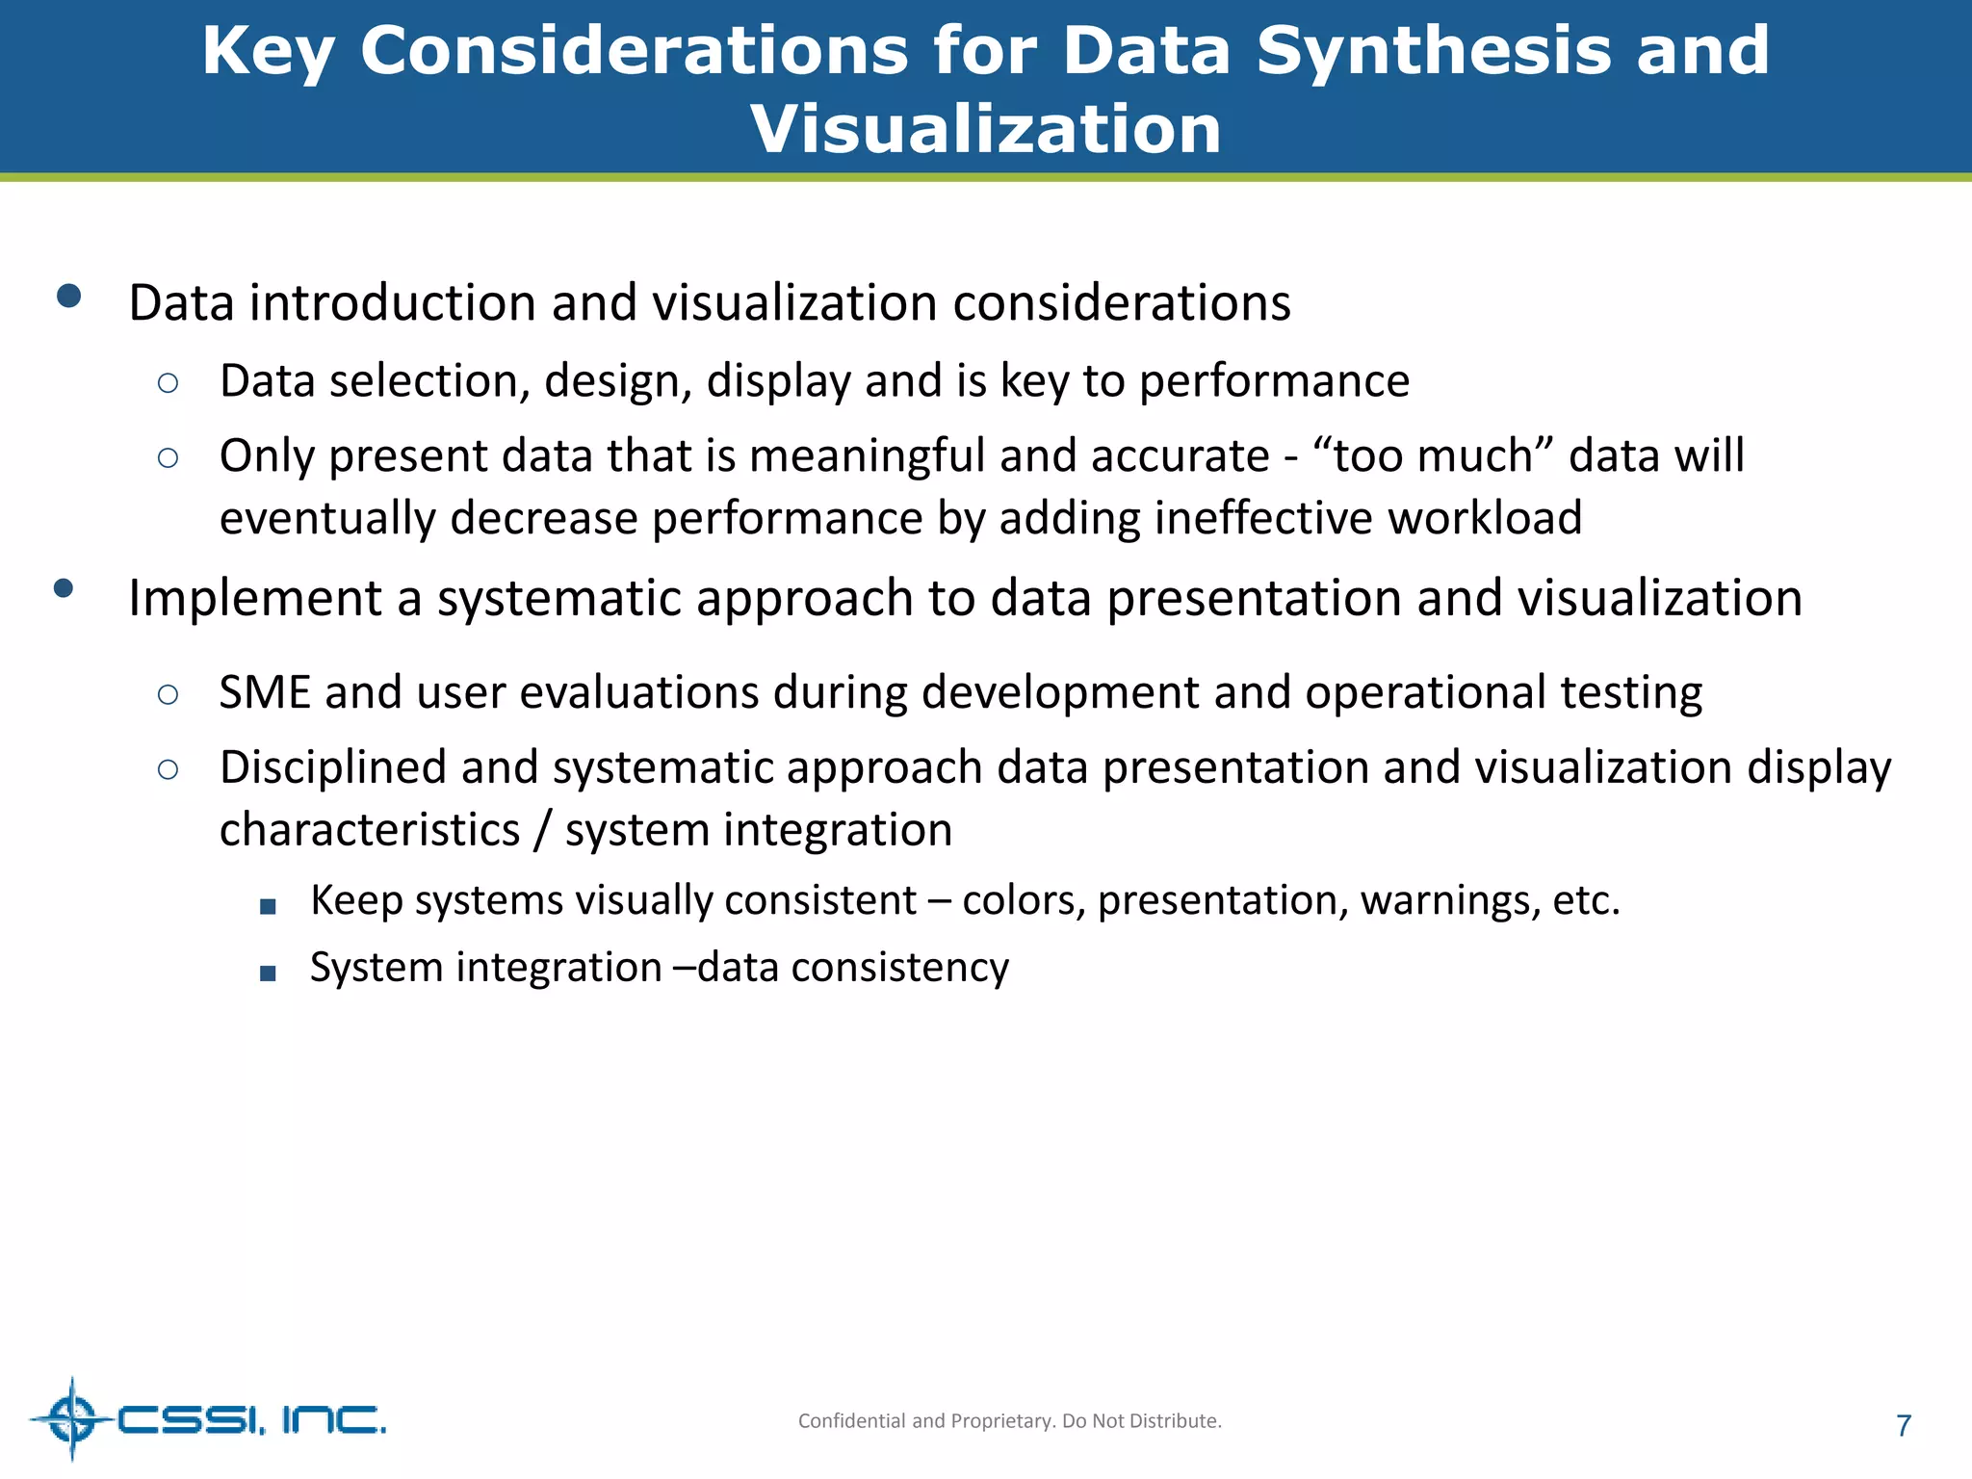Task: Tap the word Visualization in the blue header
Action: coord(986,129)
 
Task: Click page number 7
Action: coord(1903,1426)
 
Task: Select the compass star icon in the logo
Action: coord(72,1419)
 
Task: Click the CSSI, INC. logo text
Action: coord(251,1419)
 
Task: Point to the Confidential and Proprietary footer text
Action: coord(1009,1421)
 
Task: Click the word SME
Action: coord(264,693)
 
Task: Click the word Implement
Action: coord(254,599)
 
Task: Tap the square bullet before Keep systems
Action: coord(268,906)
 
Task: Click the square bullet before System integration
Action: coord(268,973)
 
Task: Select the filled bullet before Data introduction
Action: coord(68,296)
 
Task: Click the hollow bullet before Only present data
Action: coord(168,458)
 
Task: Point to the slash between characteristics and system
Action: coord(542,830)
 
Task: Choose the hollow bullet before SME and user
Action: coord(168,694)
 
